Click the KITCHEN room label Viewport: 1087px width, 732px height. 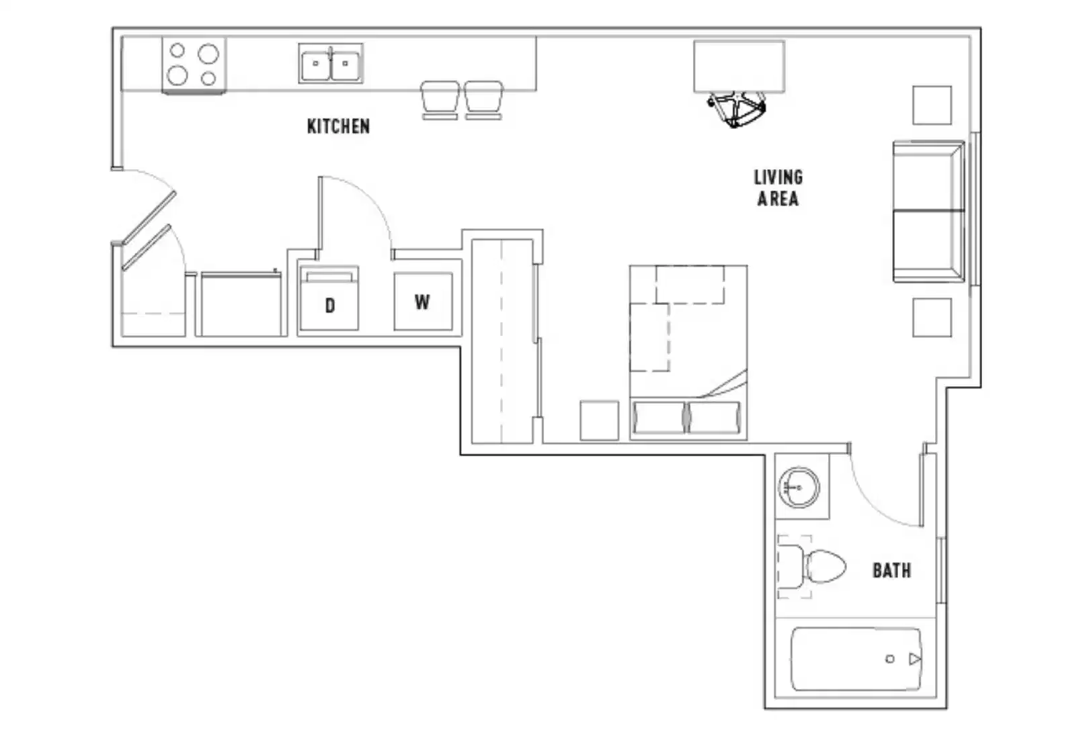(x=338, y=126)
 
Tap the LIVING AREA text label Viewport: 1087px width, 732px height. (x=778, y=188)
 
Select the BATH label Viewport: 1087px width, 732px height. (x=891, y=571)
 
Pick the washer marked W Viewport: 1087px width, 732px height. (x=423, y=302)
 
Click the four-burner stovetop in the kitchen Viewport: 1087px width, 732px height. (x=194, y=64)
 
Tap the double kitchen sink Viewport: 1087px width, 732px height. (x=331, y=64)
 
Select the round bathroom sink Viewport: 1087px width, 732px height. (x=799, y=486)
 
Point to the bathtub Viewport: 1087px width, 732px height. (x=855, y=659)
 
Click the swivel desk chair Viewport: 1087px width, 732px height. (x=737, y=109)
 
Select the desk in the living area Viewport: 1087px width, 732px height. (x=739, y=66)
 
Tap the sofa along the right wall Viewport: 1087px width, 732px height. (x=928, y=212)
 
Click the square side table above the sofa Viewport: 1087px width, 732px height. (x=932, y=105)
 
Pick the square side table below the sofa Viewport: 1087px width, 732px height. (x=932, y=318)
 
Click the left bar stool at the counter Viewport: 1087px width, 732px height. (x=440, y=99)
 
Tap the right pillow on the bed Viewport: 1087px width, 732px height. (x=714, y=418)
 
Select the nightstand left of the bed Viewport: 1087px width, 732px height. (x=599, y=421)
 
